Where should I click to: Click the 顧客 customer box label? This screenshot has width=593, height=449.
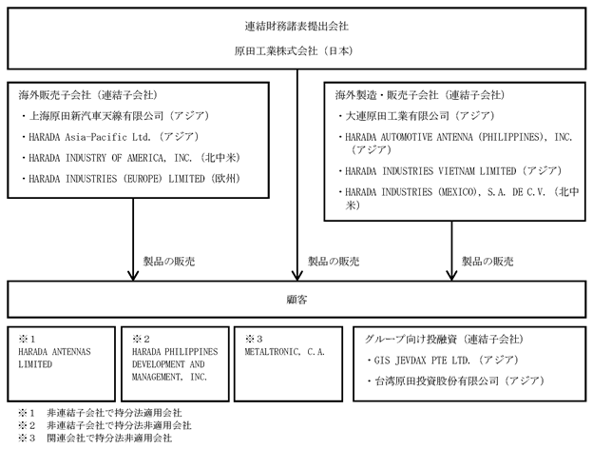[296, 300]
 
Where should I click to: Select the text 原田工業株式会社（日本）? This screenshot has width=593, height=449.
[294, 51]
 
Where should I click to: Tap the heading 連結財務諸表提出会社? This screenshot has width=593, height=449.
[296, 26]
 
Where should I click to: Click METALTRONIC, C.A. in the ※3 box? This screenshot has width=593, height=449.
[285, 352]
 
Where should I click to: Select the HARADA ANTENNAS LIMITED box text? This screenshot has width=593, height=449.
[54, 358]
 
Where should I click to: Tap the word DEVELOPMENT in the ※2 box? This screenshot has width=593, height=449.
[159, 364]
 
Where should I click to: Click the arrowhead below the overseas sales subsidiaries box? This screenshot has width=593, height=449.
[133, 275]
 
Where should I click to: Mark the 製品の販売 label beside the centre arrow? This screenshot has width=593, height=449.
[334, 262]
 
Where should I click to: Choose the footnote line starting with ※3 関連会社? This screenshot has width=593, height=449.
[95, 438]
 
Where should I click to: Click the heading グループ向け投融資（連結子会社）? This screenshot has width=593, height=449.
[444, 340]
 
